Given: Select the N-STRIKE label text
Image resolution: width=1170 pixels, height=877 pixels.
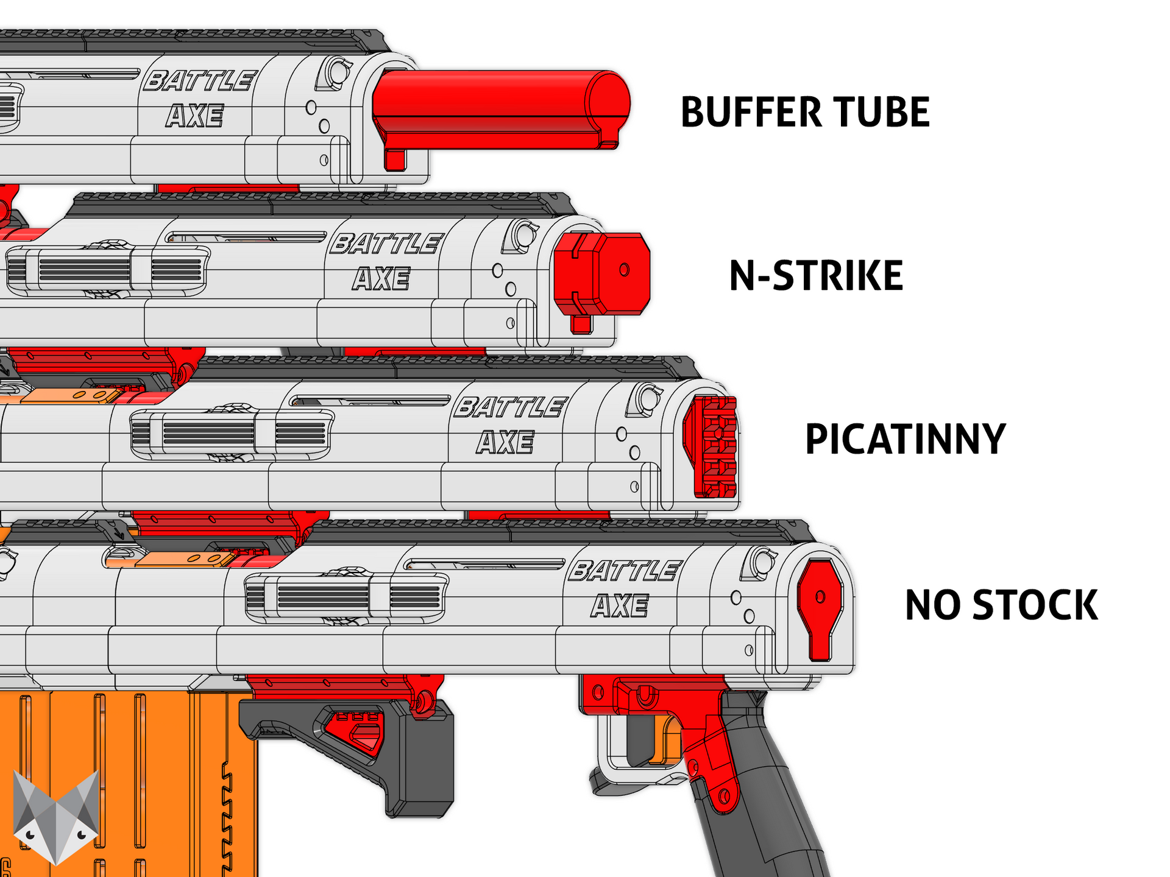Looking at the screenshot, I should tap(816, 275).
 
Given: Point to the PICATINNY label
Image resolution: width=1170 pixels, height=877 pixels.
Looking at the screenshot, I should tap(906, 439).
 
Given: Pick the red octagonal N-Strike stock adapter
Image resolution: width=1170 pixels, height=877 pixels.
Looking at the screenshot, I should tap(603, 274).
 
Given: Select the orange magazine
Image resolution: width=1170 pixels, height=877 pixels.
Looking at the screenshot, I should tap(122, 786).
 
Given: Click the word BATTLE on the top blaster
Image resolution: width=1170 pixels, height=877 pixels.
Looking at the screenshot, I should tap(199, 81).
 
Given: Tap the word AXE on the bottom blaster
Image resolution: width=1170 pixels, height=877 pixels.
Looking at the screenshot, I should tap(620, 606).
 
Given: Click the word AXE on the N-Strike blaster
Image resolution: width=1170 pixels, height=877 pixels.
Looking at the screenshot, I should tap(381, 279).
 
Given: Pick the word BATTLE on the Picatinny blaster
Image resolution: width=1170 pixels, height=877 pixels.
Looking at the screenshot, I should tap(511, 407).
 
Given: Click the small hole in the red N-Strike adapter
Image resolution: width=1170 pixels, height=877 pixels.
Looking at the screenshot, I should tap(624, 269).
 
